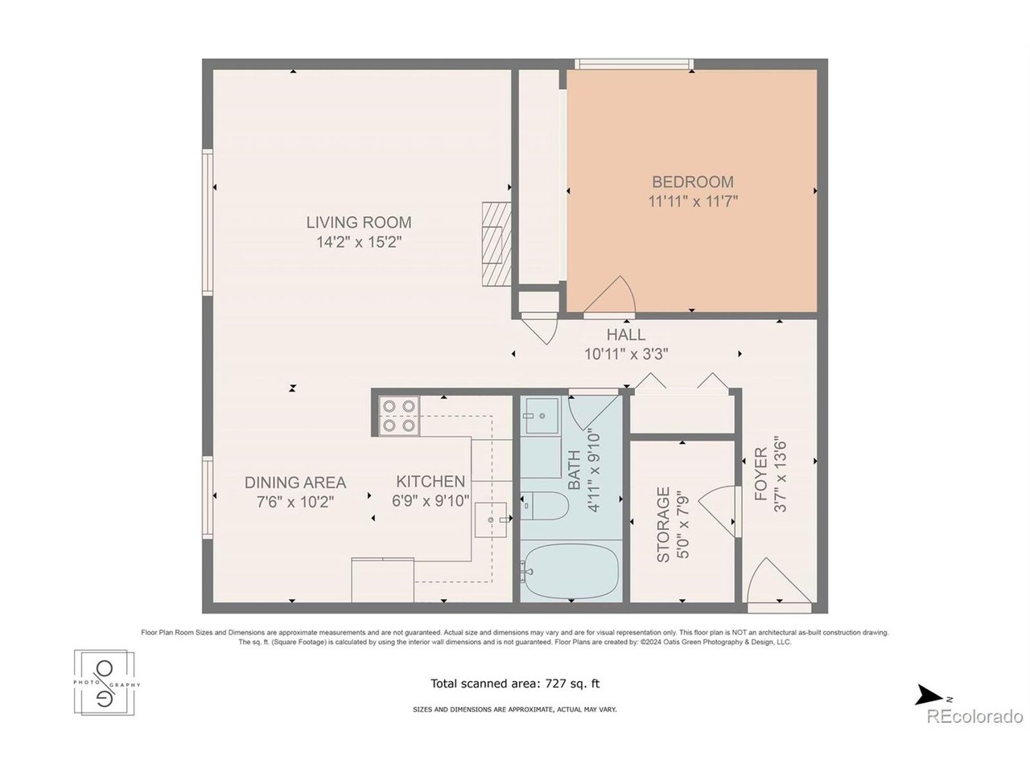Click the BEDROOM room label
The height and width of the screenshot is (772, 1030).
692,182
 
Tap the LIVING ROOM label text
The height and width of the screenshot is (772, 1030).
359,222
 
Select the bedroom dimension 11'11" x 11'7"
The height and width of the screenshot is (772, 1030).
693,202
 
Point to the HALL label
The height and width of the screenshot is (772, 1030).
625,335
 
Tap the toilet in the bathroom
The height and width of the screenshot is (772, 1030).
544,506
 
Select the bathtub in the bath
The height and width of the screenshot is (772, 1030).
571,571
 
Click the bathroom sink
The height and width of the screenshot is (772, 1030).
542,416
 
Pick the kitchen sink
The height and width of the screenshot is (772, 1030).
491,519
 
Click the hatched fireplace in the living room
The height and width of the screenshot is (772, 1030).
496,244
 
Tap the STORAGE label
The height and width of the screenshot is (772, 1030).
663,524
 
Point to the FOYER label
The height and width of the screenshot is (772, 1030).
760,474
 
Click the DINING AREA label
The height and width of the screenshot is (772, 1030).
295,482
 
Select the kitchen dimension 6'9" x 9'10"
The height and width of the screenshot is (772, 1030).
431,501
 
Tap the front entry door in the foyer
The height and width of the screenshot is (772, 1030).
778,583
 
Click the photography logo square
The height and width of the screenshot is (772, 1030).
104,683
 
